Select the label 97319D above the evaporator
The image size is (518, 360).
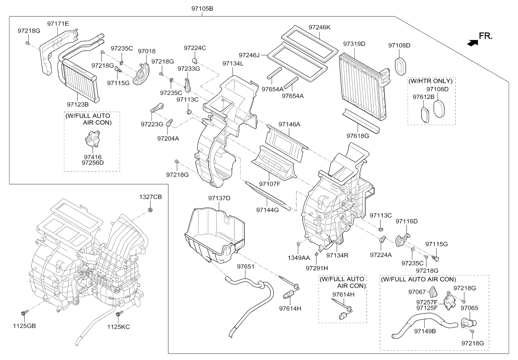(354, 44)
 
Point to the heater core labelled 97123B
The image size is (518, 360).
(80, 81)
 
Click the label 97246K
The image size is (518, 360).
(319, 27)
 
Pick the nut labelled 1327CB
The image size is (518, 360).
(150, 210)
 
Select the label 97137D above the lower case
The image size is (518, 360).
(219, 198)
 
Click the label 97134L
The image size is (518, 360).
(233, 63)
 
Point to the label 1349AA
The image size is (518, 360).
(300, 258)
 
